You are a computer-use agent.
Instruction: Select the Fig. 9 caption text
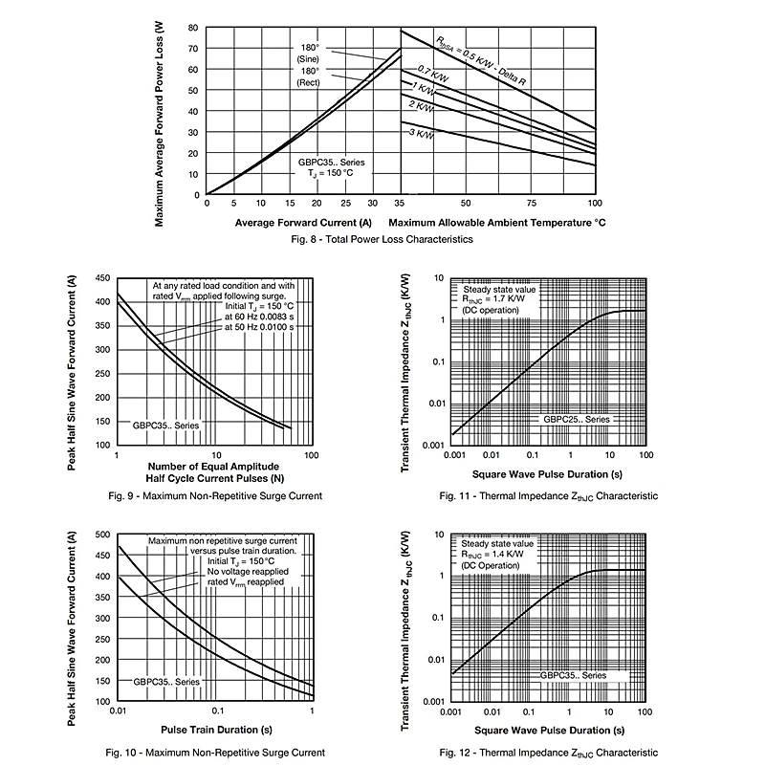pyautogui.click(x=214, y=495)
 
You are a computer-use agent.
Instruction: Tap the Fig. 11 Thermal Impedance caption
pyautogui.click(x=549, y=496)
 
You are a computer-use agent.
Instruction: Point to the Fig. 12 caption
pyautogui.click(x=549, y=753)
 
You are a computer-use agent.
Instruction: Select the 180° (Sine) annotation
pyautogui.click(x=308, y=54)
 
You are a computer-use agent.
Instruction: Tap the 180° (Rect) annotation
pyautogui.click(x=308, y=76)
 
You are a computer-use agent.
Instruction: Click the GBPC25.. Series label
pyautogui.click(x=576, y=420)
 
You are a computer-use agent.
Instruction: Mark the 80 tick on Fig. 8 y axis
pyautogui.click(x=194, y=30)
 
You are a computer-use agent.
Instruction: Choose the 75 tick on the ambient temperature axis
pyautogui.click(x=530, y=203)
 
